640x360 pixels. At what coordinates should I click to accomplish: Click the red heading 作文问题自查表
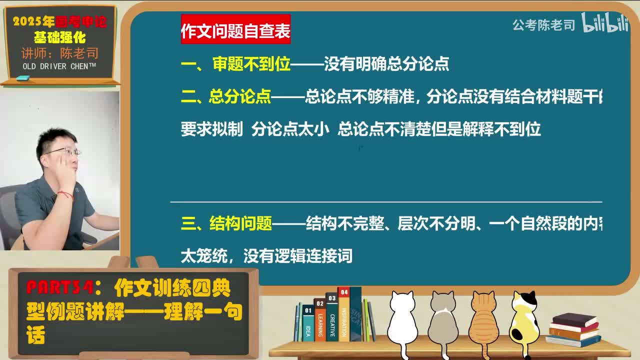click(235, 31)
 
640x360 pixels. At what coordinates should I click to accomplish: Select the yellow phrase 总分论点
click(240, 97)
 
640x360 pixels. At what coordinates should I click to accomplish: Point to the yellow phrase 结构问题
click(240, 223)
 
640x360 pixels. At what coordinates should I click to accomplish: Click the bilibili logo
click(605, 23)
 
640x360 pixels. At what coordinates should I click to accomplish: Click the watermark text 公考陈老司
click(543, 25)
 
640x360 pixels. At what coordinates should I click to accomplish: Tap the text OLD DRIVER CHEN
click(59, 66)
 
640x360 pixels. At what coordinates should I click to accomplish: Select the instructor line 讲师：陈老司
click(59, 53)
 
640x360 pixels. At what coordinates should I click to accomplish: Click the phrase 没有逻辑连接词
click(298, 256)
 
